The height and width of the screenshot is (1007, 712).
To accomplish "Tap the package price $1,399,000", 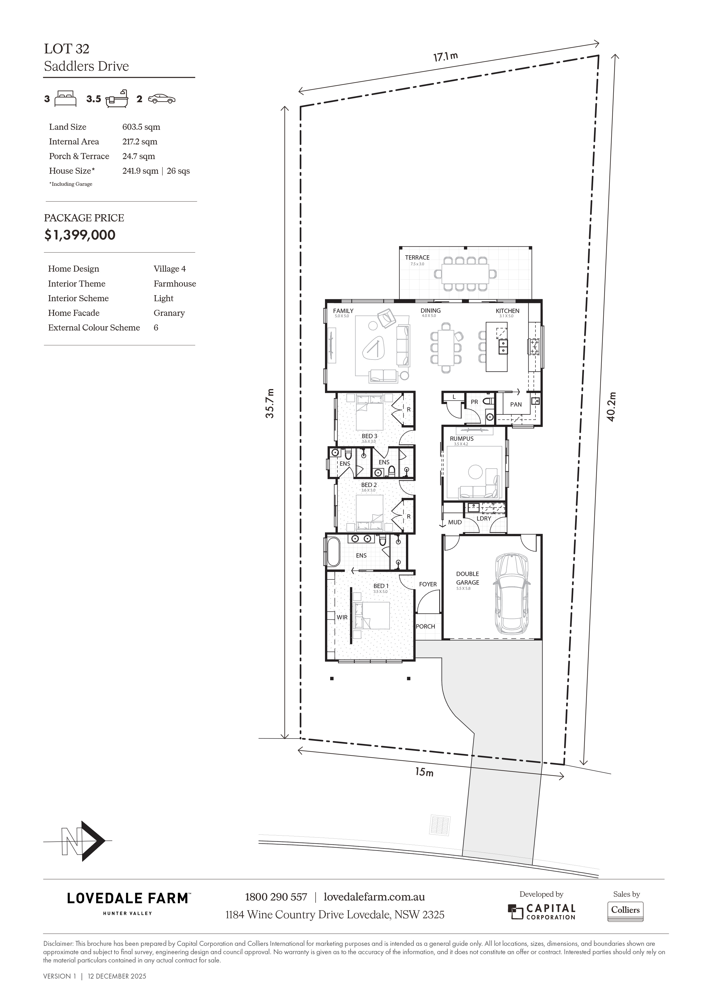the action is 80,235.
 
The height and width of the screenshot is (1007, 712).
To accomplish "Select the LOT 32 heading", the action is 67,49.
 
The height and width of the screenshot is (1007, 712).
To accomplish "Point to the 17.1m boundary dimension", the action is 446,57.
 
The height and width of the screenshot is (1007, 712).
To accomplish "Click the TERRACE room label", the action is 417,258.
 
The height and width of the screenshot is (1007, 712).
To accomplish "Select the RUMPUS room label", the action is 462,438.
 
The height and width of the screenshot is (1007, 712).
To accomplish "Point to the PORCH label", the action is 425,626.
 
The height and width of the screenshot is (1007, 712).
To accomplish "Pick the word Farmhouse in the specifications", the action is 175,284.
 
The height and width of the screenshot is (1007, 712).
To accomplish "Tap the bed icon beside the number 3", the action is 66,99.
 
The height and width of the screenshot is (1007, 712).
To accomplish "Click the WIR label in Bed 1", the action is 342,617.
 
